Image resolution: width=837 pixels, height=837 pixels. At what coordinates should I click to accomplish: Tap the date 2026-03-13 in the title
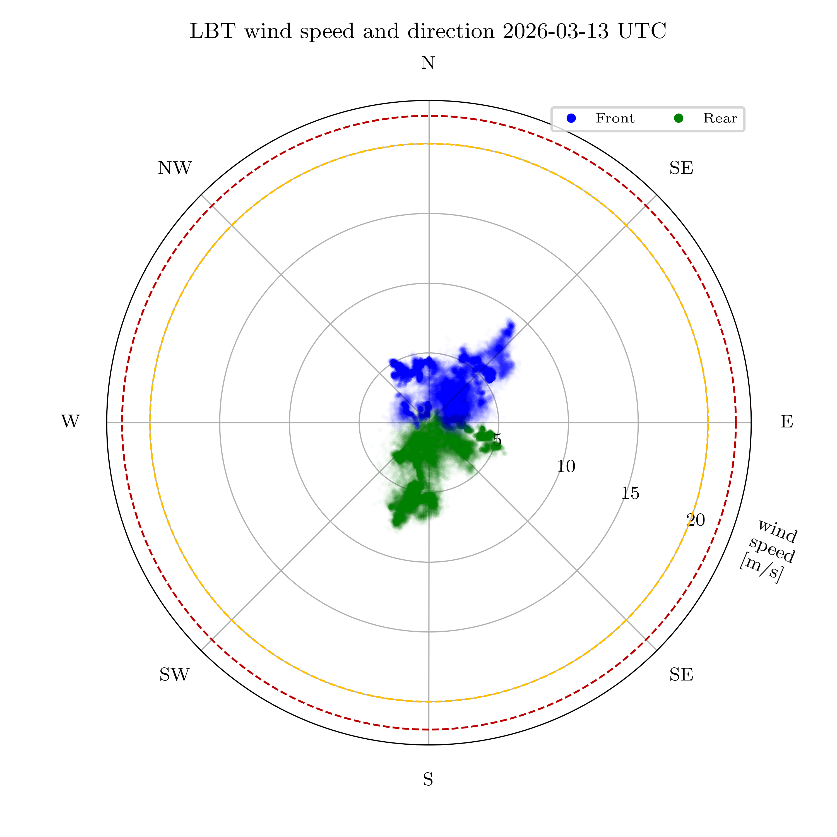[x=556, y=31]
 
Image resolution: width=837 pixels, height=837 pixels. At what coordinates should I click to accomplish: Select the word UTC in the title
[x=642, y=31]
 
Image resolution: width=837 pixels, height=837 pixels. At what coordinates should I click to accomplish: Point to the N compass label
[x=428, y=64]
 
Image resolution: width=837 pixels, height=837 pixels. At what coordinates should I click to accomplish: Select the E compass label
[x=787, y=422]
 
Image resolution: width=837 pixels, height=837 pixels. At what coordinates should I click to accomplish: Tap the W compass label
[x=70, y=422]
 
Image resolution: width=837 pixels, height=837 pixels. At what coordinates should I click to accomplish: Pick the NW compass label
[x=175, y=168]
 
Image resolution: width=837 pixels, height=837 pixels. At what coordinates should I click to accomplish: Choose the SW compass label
[x=175, y=675]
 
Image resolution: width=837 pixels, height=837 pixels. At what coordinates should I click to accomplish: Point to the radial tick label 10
[x=566, y=466]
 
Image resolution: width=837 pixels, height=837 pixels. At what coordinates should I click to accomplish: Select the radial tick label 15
[x=630, y=493]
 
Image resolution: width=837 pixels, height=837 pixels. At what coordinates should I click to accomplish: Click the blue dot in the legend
[x=571, y=118]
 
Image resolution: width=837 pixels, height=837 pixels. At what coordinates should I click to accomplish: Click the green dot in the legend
[x=679, y=118]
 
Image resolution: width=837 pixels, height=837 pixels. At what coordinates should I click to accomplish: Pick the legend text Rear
[x=720, y=118]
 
